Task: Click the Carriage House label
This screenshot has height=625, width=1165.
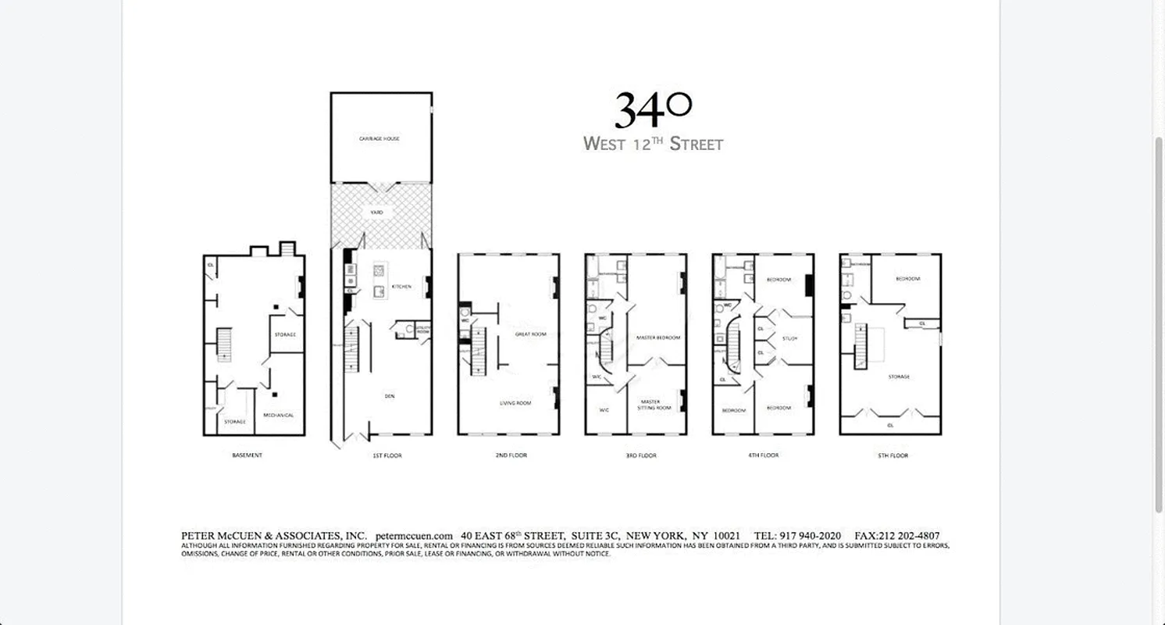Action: (x=379, y=138)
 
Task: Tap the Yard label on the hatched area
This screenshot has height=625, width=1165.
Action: (x=377, y=212)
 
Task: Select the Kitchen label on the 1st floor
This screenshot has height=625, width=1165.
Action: (x=401, y=287)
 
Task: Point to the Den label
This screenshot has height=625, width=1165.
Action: (x=389, y=396)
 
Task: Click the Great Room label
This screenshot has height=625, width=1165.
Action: (x=530, y=334)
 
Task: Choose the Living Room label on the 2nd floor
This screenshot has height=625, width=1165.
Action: (x=515, y=403)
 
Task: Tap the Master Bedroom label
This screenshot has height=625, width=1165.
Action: (x=658, y=337)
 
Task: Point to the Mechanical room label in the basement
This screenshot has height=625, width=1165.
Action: (x=279, y=415)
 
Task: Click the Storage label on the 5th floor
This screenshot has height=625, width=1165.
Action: (x=899, y=377)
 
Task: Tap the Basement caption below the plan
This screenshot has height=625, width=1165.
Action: (x=247, y=455)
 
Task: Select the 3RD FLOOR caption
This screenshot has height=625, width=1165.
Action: (x=641, y=455)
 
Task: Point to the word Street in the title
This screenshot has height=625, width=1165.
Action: (x=697, y=145)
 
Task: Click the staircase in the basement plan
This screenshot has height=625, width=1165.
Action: (x=225, y=345)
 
